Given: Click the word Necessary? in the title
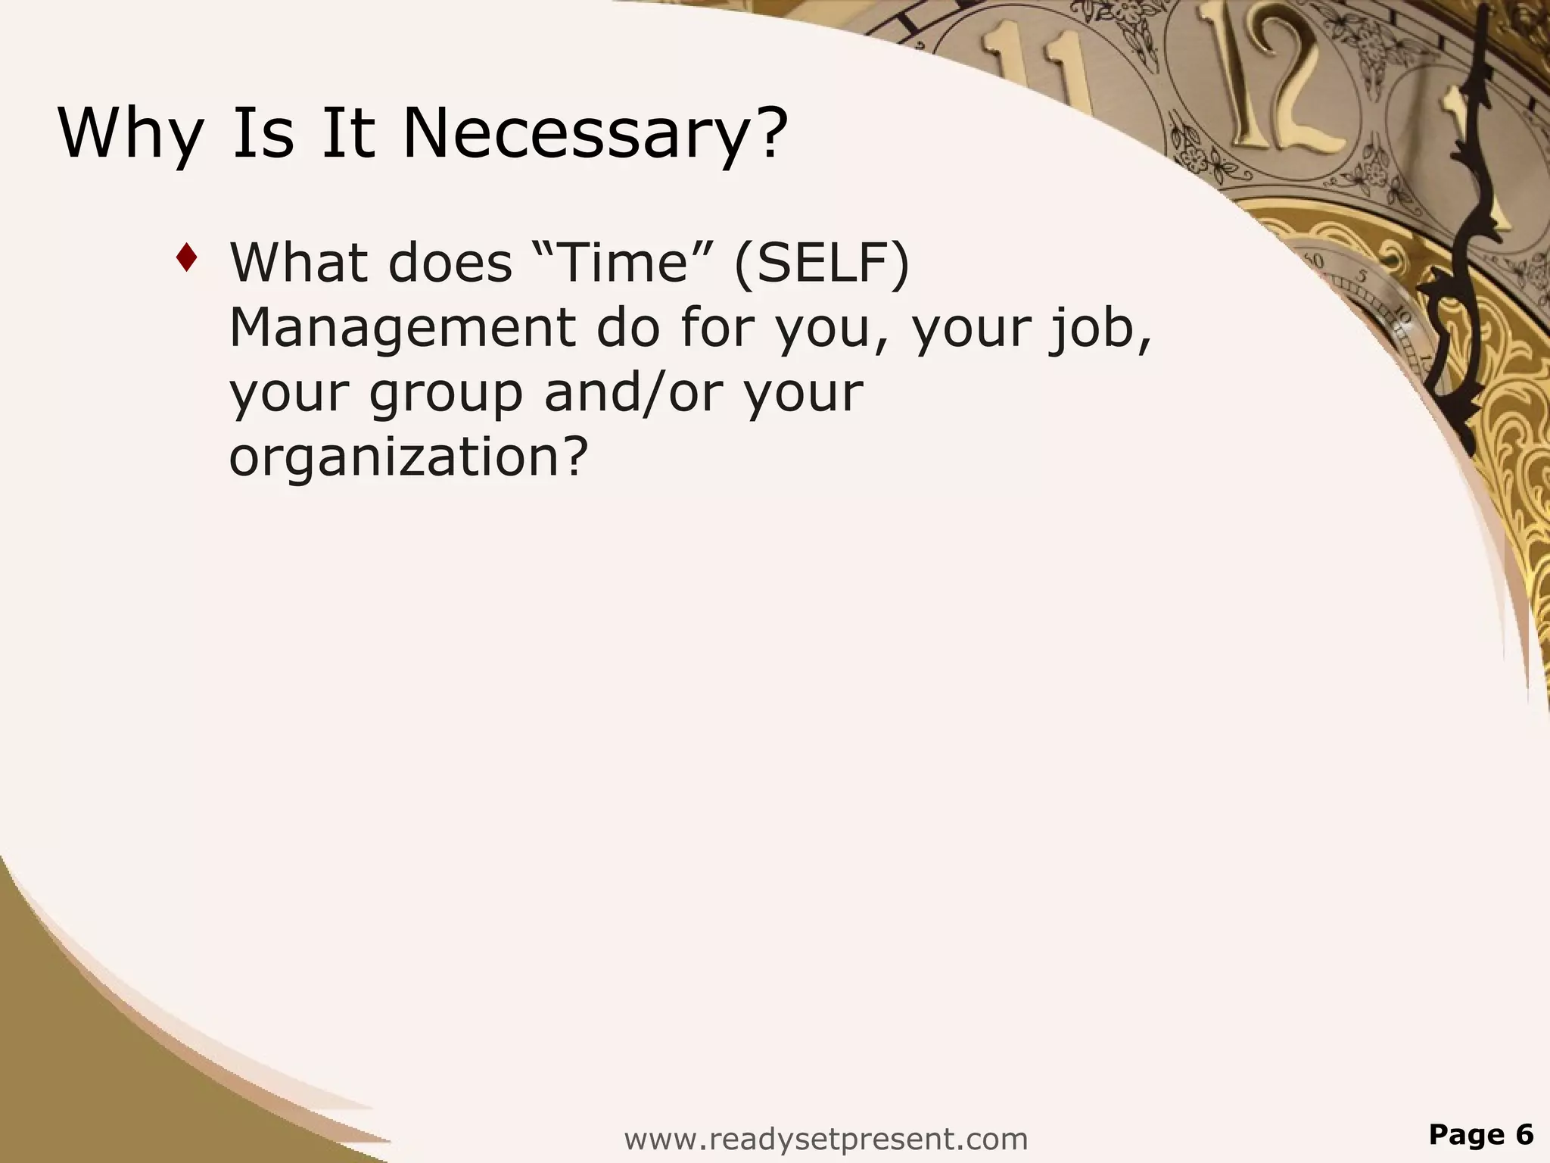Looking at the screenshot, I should (x=595, y=133).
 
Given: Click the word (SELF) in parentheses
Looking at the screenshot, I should (x=821, y=263).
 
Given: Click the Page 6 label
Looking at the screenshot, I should (x=1480, y=1134).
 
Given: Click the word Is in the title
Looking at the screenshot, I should (x=262, y=133).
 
